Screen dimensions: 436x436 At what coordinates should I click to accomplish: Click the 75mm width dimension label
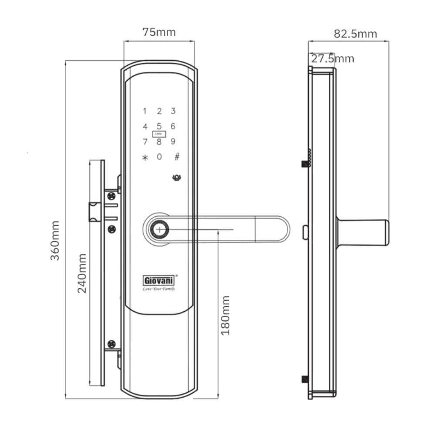pos(159,32)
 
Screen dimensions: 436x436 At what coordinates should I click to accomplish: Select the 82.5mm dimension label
pos(355,34)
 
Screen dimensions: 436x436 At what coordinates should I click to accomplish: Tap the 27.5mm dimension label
pos(333,59)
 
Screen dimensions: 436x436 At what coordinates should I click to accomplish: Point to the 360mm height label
pos(55,241)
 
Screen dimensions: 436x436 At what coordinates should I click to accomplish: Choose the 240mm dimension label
pos(82,273)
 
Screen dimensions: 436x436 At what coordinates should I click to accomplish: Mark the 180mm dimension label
pos(225,316)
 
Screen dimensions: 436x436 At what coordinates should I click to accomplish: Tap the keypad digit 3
pos(173,111)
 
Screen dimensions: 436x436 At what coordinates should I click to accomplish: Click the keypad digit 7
pos(145,142)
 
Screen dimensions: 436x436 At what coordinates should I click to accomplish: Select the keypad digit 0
pos(159,157)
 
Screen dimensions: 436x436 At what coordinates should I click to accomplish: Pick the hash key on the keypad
pos(177,157)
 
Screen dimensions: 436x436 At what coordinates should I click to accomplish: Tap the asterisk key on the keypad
pos(145,158)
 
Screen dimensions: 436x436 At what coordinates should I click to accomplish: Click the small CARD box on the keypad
pos(159,134)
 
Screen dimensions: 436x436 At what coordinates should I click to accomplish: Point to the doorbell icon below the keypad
pos(177,177)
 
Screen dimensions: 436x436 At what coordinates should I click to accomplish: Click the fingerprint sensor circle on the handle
pos(159,230)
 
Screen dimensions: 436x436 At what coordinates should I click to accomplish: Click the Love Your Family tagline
pos(159,289)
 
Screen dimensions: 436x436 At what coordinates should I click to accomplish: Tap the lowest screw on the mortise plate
pos(112,344)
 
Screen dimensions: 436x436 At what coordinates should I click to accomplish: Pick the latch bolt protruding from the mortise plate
pos(95,212)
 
